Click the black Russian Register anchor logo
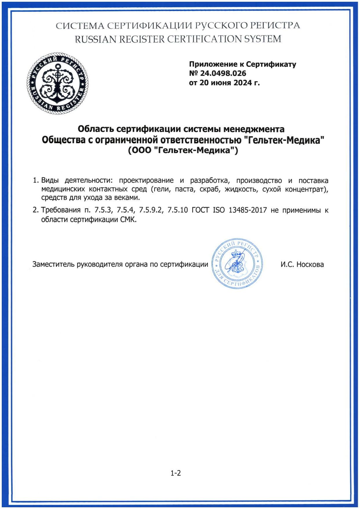(57, 83)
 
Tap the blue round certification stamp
(237, 263)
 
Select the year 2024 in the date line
(243, 83)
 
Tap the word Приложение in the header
(209, 64)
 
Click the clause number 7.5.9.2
(151, 210)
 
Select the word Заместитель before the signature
(53, 265)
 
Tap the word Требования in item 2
(61, 210)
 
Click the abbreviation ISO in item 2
(219, 210)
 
